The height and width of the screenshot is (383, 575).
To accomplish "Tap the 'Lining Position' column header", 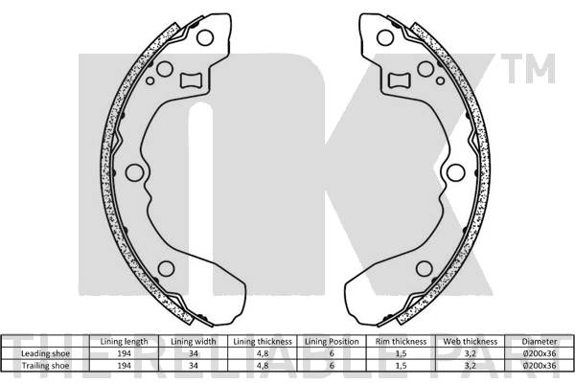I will [x=331, y=341].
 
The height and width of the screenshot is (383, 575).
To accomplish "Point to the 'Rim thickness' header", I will [x=401, y=341].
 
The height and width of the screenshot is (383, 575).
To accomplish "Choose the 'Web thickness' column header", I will [x=470, y=341].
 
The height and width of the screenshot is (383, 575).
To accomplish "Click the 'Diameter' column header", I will [x=538, y=341].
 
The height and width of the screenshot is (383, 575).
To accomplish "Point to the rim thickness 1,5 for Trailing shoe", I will [x=401, y=365].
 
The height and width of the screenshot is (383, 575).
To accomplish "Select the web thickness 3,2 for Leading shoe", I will [x=470, y=352].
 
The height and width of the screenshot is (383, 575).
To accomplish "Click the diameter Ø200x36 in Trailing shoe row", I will [x=538, y=365].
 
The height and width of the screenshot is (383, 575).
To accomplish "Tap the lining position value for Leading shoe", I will [x=331, y=352].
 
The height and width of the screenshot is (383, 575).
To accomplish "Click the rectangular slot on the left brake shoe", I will [x=191, y=80].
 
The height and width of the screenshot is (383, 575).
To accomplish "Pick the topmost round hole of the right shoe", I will [x=385, y=37].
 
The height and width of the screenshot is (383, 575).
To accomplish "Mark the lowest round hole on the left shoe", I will [x=165, y=269].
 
